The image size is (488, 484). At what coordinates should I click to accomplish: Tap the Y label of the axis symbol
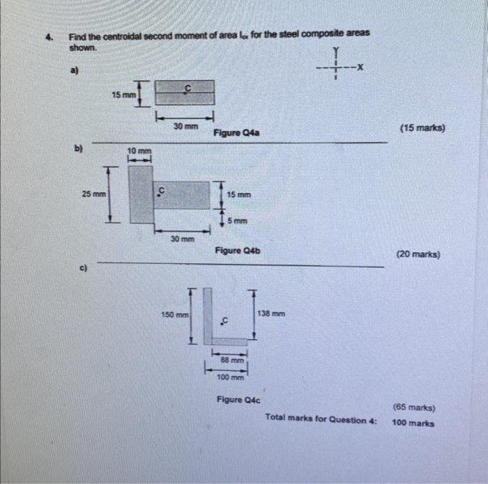tap(336, 51)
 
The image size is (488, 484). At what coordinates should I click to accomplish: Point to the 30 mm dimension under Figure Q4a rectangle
tap(184, 127)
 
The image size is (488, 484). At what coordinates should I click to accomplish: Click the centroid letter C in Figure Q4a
tap(187, 87)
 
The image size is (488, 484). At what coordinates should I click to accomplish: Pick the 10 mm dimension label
tap(139, 151)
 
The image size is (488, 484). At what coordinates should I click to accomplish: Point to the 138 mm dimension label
tap(272, 314)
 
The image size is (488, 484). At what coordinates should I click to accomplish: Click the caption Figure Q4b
tap(238, 250)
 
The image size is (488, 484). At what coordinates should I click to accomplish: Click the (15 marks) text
tap(422, 129)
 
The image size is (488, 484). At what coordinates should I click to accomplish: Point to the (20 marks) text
tap(418, 255)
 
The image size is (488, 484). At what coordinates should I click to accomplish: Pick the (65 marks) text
tap(414, 408)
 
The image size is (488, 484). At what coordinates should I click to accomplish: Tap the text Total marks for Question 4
tap(321, 419)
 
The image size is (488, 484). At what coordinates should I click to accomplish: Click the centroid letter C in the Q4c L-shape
tap(224, 321)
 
